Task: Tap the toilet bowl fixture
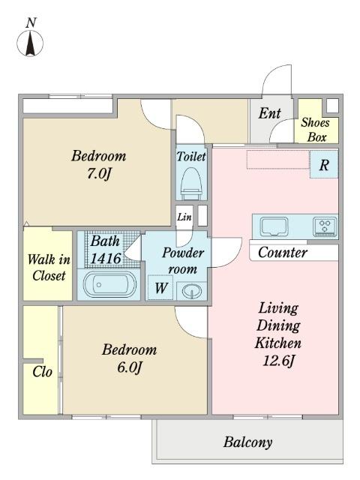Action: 191,183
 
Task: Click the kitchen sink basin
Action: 274,226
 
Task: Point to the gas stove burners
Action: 325,226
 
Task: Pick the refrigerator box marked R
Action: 324,164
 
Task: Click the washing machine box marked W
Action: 161,288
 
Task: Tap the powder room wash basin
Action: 192,290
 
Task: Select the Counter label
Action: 282,253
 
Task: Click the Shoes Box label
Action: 316,130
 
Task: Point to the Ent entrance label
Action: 270,113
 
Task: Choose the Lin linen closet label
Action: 184,217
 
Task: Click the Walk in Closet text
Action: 49,268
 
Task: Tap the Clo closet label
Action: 42,372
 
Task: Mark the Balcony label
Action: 247,442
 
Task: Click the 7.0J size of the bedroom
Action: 98,174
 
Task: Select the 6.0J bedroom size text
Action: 130,367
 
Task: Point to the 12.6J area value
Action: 278,361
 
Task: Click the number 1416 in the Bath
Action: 106,259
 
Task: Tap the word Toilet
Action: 191,157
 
